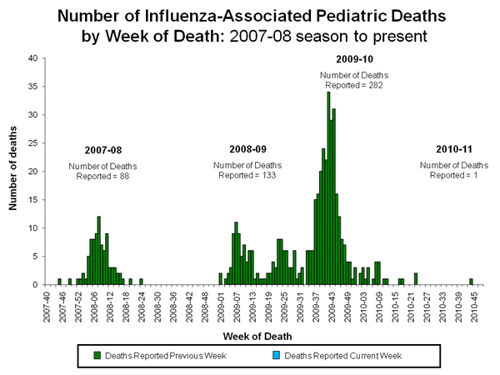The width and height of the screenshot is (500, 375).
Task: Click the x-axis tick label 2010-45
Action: [472, 304]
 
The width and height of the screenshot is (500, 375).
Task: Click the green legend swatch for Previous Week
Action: [97, 356]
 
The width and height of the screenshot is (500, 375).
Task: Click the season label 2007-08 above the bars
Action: [103, 151]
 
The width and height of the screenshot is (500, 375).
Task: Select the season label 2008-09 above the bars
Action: [247, 149]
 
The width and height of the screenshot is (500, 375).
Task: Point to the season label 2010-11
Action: [453, 149]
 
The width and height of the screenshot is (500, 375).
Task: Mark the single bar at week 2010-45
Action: [471, 282]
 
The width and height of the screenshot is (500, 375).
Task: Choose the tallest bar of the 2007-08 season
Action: [98, 251]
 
